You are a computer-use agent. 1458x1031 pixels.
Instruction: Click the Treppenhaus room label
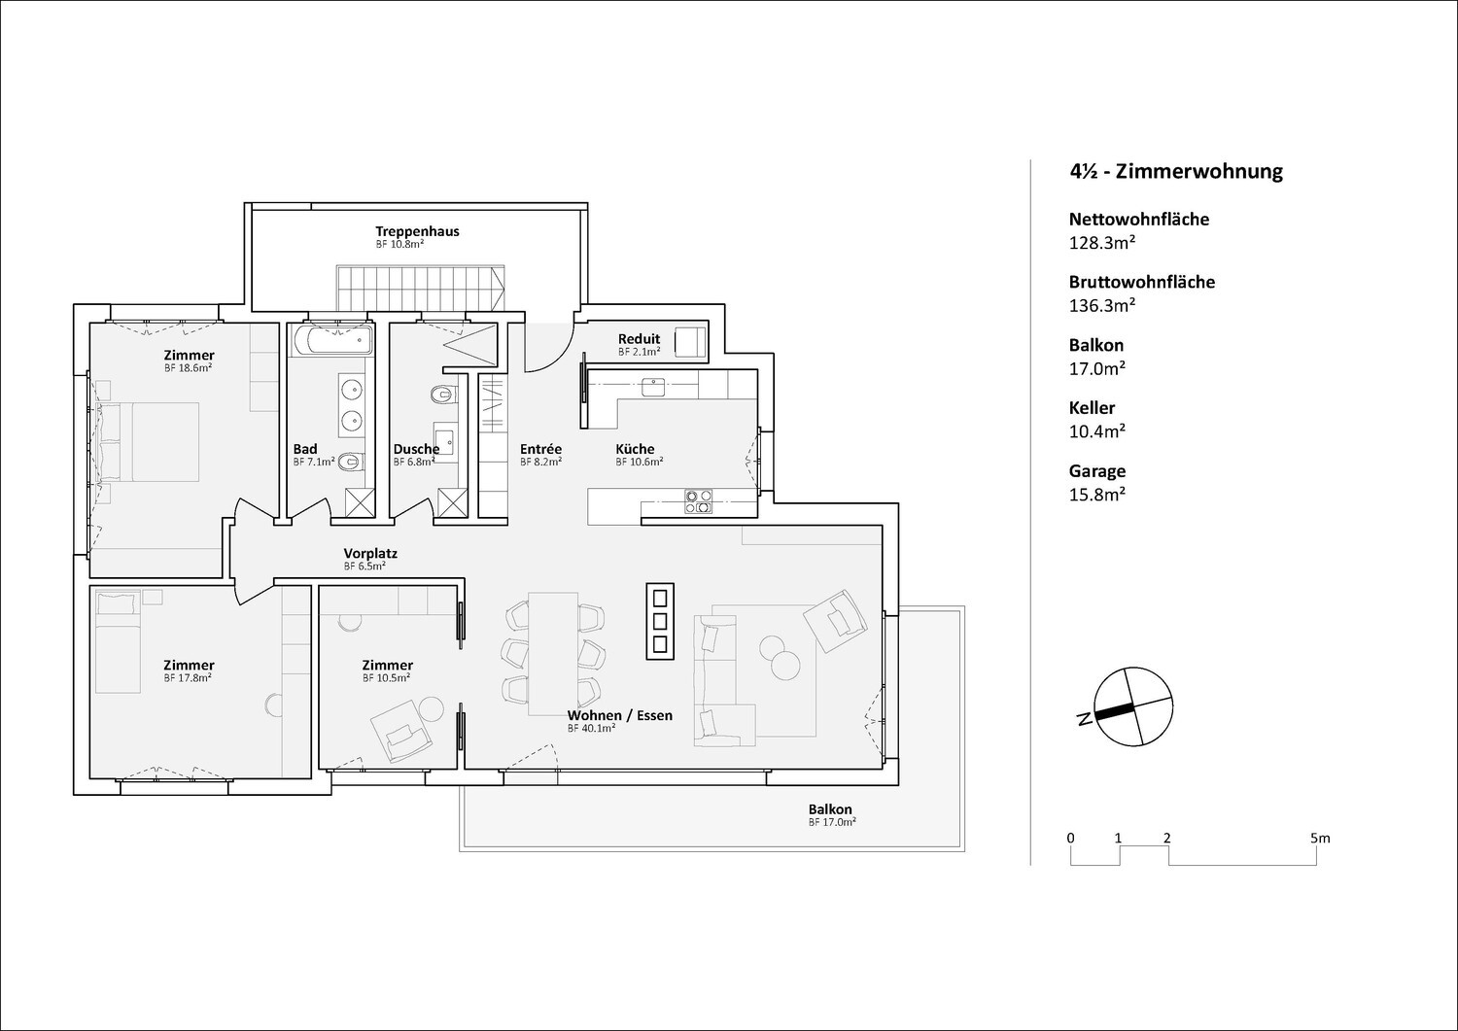tap(417, 231)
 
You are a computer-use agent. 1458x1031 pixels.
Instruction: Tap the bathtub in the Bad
tap(332, 340)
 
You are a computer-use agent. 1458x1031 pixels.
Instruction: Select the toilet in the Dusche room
tap(444, 395)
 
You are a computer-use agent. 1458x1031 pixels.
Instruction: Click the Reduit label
tap(639, 338)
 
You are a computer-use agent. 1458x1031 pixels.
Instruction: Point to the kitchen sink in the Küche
tap(653, 388)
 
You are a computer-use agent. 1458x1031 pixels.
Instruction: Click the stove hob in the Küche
tap(699, 501)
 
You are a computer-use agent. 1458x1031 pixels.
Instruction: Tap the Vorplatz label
tap(370, 553)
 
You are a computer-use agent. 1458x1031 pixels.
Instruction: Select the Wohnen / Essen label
tap(620, 715)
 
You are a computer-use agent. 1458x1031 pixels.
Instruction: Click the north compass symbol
tap(1132, 706)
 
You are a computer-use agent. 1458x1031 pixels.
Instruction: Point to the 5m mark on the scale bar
tap(1320, 839)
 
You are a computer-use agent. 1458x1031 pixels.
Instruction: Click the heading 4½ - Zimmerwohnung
tap(1176, 172)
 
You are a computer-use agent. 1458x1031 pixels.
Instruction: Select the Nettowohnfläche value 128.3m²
tap(1102, 243)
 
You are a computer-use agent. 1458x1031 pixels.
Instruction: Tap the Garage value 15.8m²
tap(1097, 494)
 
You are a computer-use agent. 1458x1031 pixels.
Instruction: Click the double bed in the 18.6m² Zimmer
tap(148, 442)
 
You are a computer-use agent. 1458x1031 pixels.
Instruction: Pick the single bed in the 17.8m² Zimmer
tap(118, 641)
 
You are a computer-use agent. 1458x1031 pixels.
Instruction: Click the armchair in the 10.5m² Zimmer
tap(400, 732)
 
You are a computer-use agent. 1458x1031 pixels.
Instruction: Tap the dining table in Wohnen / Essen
tap(553, 654)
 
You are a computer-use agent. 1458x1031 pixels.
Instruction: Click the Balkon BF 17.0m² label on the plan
tap(831, 815)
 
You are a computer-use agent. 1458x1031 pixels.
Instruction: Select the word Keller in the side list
tap(1092, 408)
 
